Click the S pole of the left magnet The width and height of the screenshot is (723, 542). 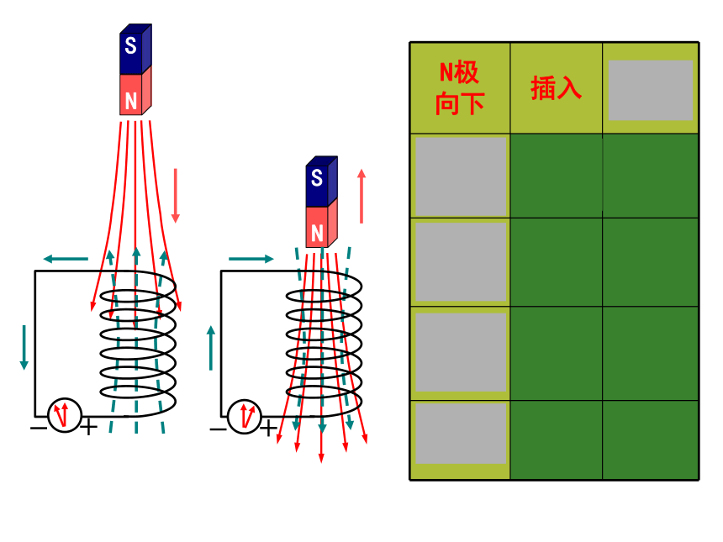pyautogui.click(x=135, y=49)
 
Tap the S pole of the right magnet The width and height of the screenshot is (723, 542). pyautogui.click(x=321, y=181)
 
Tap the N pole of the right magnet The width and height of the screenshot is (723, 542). pyautogui.click(x=321, y=225)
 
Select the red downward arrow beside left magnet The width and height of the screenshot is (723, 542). pyautogui.click(x=175, y=196)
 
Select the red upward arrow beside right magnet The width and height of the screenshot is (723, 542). pyautogui.click(x=361, y=197)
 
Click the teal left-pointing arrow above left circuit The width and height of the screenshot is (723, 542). pyautogui.click(x=66, y=259)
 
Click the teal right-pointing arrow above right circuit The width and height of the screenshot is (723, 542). pyautogui.click(x=251, y=259)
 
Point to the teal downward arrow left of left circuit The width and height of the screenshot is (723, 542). pyautogui.click(x=24, y=348)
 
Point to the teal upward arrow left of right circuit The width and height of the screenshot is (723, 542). pyautogui.click(x=211, y=348)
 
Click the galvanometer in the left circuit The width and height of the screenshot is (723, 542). pyautogui.click(x=65, y=415)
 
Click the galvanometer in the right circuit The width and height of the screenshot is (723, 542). pyautogui.click(x=245, y=417)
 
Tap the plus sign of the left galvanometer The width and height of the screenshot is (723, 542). pyautogui.click(x=88, y=427)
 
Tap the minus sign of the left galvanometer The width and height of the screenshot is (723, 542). pyautogui.click(x=39, y=429)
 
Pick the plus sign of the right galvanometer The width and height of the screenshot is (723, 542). pyautogui.click(x=268, y=429)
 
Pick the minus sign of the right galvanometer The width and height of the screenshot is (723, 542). pyautogui.click(x=218, y=430)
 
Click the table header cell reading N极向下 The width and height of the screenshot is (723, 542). pyautogui.click(x=460, y=88)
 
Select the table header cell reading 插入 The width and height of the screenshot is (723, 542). pyautogui.click(x=556, y=88)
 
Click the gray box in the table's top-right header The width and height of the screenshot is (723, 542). pyautogui.click(x=651, y=90)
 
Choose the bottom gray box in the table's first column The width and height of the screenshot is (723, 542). pyautogui.click(x=461, y=434)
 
